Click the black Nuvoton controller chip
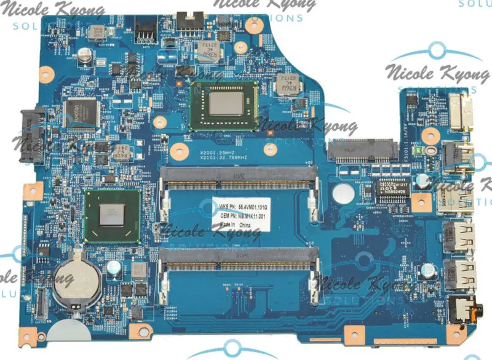(x=81, y=109)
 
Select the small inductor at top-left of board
(x=95, y=31)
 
